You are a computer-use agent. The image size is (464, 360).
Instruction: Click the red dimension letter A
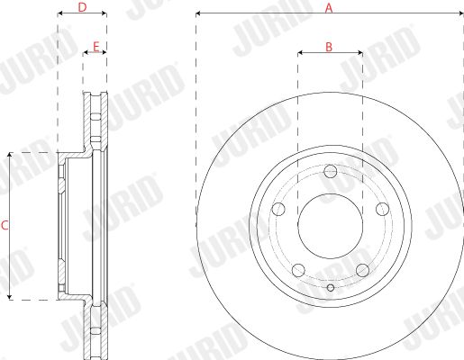point(329,8)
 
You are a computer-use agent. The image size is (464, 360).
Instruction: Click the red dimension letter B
point(329,47)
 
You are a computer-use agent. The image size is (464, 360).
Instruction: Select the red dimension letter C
point(5,225)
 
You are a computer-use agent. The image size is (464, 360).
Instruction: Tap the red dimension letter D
point(82,7)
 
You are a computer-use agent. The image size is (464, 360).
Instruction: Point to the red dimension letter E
point(96,47)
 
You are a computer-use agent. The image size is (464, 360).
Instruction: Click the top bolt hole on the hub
point(331,171)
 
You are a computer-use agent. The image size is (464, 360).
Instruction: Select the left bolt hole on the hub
point(278,209)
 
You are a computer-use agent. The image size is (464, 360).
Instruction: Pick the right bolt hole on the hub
point(383,209)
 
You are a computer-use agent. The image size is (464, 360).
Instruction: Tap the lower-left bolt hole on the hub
point(298,270)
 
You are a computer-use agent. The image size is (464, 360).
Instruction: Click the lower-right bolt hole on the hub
point(362,270)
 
